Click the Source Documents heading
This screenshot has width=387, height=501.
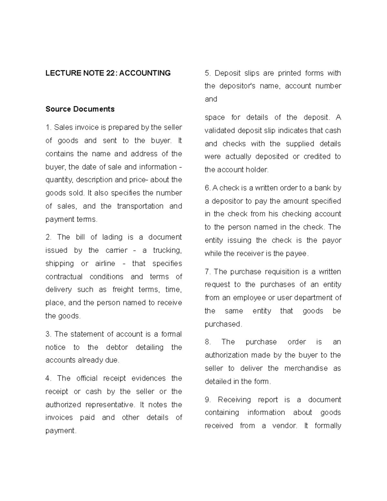(x=80, y=109)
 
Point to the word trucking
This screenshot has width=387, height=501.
(x=167, y=250)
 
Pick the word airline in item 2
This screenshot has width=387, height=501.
(x=105, y=264)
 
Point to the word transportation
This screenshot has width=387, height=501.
(x=140, y=206)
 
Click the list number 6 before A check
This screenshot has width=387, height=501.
(x=207, y=188)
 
